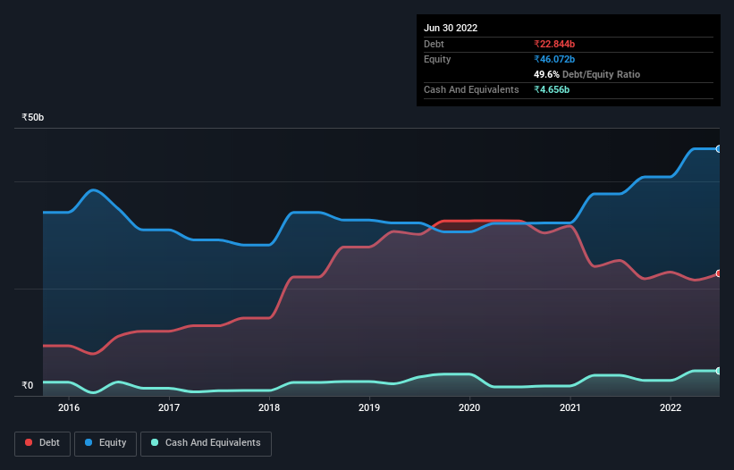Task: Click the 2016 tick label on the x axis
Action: (x=68, y=408)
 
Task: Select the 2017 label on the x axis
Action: (x=168, y=408)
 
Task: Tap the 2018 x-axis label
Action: (x=268, y=408)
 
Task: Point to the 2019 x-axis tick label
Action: (x=369, y=408)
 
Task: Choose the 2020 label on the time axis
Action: (x=469, y=408)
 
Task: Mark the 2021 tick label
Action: (x=569, y=408)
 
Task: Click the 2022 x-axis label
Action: (x=671, y=408)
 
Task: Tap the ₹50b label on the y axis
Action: (x=33, y=118)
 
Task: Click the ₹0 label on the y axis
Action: (x=27, y=386)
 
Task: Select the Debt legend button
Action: (x=43, y=443)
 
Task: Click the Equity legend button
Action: (x=105, y=443)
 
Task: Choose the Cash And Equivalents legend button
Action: (x=206, y=443)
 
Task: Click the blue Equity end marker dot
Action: (x=718, y=148)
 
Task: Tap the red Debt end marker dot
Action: (x=718, y=273)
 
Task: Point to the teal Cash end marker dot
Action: (x=718, y=370)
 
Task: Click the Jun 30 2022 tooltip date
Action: (x=451, y=28)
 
